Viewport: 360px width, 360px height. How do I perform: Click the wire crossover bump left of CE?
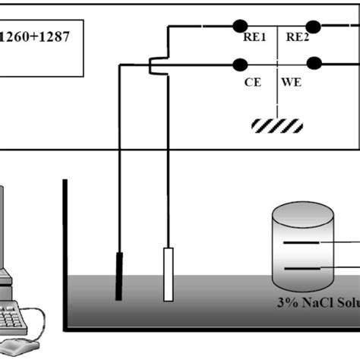click(x=155, y=68)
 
